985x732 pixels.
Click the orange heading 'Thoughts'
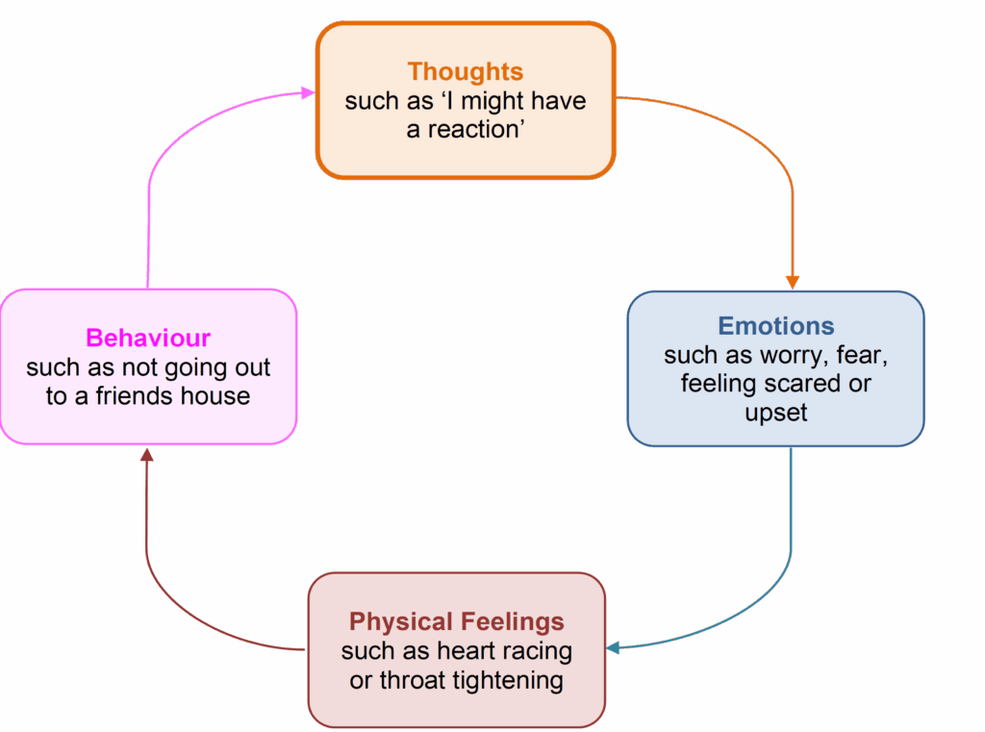pyautogui.click(x=466, y=71)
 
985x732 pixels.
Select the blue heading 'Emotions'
pyautogui.click(x=776, y=325)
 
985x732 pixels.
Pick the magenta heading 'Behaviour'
pyautogui.click(x=148, y=339)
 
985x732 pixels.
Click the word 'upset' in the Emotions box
pyautogui.click(x=775, y=413)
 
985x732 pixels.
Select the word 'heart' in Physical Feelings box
pyautogui.click(x=466, y=651)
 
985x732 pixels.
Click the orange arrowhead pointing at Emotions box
pyautogui.click(x=793, y=282)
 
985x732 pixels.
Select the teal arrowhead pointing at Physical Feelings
pyautogui.click(x=614, y=647)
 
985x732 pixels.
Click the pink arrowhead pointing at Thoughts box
pyautogui.click(x=308, y=92)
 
